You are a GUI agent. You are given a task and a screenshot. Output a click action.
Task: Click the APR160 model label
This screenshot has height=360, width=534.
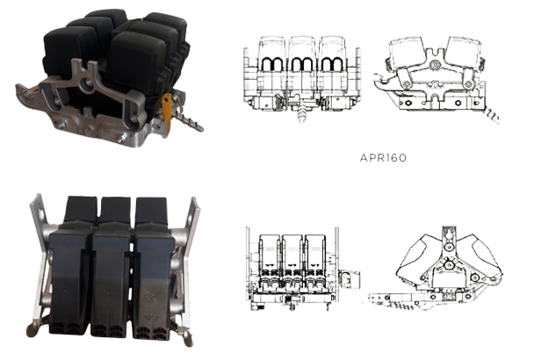(x=383, y=158)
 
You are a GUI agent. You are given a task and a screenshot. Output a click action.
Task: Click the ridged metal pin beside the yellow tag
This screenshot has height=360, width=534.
(x=190, y=122)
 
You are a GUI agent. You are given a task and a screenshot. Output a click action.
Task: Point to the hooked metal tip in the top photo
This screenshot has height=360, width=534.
(x=25, y=91)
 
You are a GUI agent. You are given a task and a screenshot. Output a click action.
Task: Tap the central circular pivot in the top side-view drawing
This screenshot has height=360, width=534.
(x=435, y=65)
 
